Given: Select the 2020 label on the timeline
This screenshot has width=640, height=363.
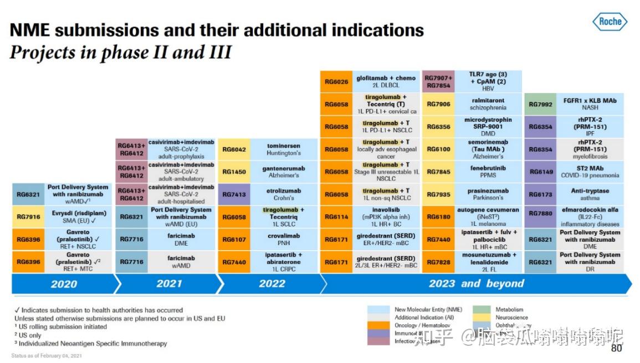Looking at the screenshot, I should (x=64, y=284).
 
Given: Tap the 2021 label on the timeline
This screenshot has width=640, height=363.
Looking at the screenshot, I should (x=169, y=284).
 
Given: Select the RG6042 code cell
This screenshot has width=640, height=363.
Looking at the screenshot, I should (x=234, y=149).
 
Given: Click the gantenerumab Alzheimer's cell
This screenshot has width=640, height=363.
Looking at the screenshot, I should (x=283, y=172).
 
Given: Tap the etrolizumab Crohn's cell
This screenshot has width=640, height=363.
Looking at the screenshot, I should (x=283, y=194).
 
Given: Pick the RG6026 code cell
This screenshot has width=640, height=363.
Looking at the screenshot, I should (x=336, y=81).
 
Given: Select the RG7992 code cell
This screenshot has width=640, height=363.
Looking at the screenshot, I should (x=540, y=104).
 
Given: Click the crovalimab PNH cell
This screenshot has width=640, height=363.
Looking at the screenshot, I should (x=283, y=240).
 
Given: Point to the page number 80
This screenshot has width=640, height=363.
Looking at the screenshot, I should (x=616, y=348).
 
